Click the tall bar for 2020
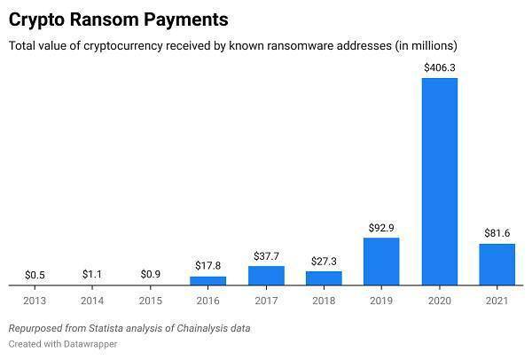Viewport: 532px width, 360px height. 439,181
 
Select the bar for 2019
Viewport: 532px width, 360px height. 381,262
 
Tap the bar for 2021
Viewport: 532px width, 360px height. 497,264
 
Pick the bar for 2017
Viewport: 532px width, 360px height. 266,276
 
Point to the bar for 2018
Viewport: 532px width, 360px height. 324,278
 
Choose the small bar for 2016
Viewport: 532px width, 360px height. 208,280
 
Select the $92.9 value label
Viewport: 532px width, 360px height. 381,227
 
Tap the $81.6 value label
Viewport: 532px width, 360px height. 497,232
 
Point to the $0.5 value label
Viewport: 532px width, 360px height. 35,274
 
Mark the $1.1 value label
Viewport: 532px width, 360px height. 93,274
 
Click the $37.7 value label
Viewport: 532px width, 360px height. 266,254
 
